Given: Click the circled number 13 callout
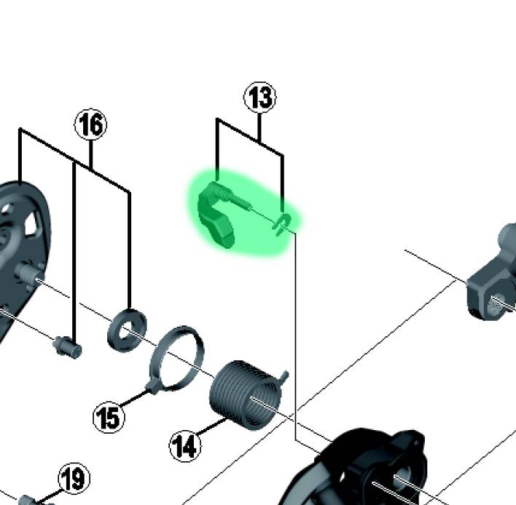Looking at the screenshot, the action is pyautogui.click(x=260, y=98).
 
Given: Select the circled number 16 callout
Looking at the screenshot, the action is pyautogui.click(x=90, y=124).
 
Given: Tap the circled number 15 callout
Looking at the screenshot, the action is pyautogui.click(x=109, y=417).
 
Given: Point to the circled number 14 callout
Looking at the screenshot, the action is pyautogui.click(x=185, y=446).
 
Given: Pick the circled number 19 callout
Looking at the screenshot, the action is pyautogui.click(x=74, y=478).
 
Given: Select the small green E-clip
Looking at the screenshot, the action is pyautogui.click(x=282, y=223).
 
